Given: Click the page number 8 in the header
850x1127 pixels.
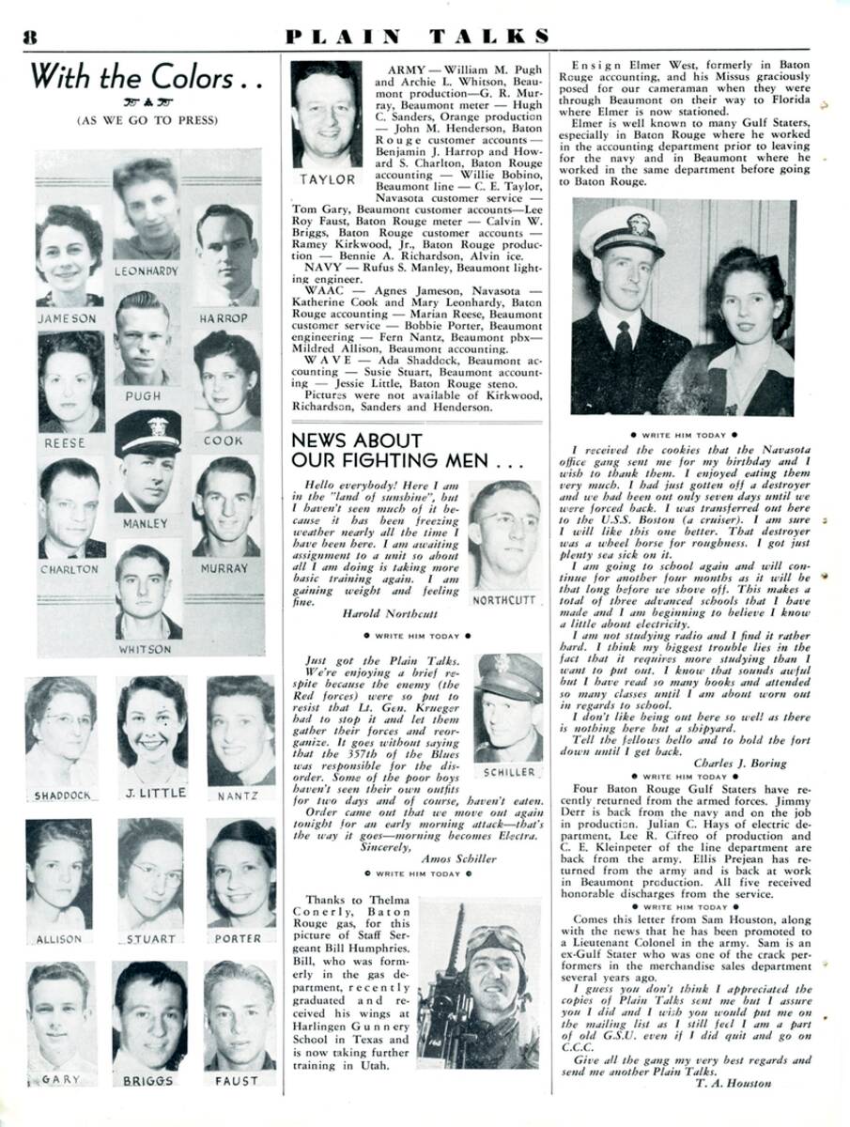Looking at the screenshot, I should pyautogui.click(x=29, y=37).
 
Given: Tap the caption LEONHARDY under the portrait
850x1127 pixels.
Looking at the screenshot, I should pyautogui.click(x=147, y=270).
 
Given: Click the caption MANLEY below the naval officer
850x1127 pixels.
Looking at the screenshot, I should pyautogui.click(x=146, y=523).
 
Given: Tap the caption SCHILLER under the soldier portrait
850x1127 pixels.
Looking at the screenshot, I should pyautogui.click(x=510, y=772).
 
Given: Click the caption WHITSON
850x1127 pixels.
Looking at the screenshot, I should pyautogui.click(x=146, y=649).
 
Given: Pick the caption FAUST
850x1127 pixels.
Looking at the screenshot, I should pyautogui.click(x=237, y=1081).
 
